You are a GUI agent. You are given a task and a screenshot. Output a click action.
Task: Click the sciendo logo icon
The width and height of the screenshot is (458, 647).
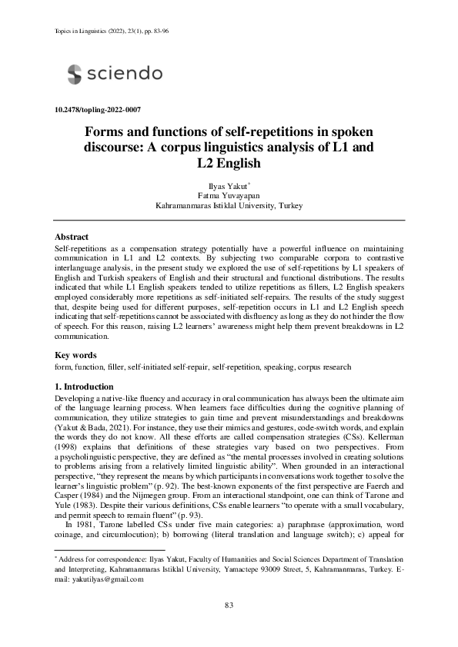(75, 74)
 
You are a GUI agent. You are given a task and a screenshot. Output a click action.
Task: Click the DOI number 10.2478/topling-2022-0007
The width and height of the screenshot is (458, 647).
(98, 111)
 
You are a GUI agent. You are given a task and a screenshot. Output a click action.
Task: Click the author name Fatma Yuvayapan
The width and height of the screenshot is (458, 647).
(229, 196)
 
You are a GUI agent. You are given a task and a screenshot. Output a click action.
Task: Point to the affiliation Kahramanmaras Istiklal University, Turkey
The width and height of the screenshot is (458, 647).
(229, 206)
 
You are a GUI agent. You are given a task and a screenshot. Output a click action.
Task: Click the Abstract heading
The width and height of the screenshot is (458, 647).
(72, 237)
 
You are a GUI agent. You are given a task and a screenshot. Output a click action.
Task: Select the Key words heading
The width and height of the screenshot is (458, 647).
(75, 355)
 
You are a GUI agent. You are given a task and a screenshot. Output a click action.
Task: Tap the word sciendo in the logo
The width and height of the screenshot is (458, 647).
(124, 74)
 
